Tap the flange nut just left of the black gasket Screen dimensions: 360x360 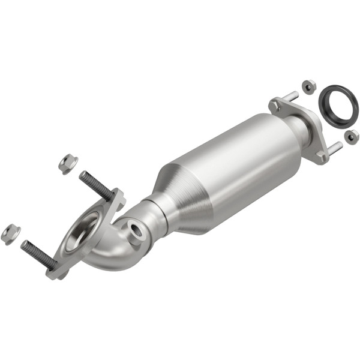[x=308, y=86]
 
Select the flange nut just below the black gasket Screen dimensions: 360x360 [x=352, y=136]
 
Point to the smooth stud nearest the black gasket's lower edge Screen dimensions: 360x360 [x=334, y=147]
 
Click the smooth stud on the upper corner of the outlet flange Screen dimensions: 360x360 [x=289, y=97]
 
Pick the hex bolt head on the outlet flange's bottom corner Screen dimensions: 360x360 [x=322, y=157]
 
